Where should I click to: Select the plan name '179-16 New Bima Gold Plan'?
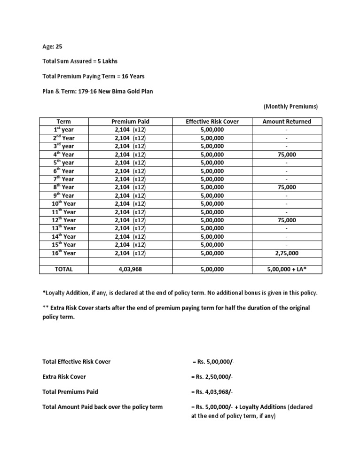coord(118,91)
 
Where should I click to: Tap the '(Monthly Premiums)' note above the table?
coord(290,107)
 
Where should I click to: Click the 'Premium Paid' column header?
coord(130,121)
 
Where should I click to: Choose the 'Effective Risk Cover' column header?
coord(212,121)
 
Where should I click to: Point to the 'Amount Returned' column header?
coord(286,121)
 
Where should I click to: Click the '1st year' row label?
coord(64,130)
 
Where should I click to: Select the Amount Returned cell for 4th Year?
coord(286,154)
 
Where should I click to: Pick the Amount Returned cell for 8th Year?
coord(286,187)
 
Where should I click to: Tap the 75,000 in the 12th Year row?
coord(286,220)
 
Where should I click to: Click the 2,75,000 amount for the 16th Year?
coord(286,253)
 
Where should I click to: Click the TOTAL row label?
coord(64,269)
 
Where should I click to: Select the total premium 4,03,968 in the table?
coord(130,269)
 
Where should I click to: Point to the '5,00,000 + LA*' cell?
coord(286,269)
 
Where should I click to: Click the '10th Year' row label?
coord(64,203)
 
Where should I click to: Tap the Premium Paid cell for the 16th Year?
coord(130,253)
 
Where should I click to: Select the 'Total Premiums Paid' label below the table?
coord(70,391)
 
